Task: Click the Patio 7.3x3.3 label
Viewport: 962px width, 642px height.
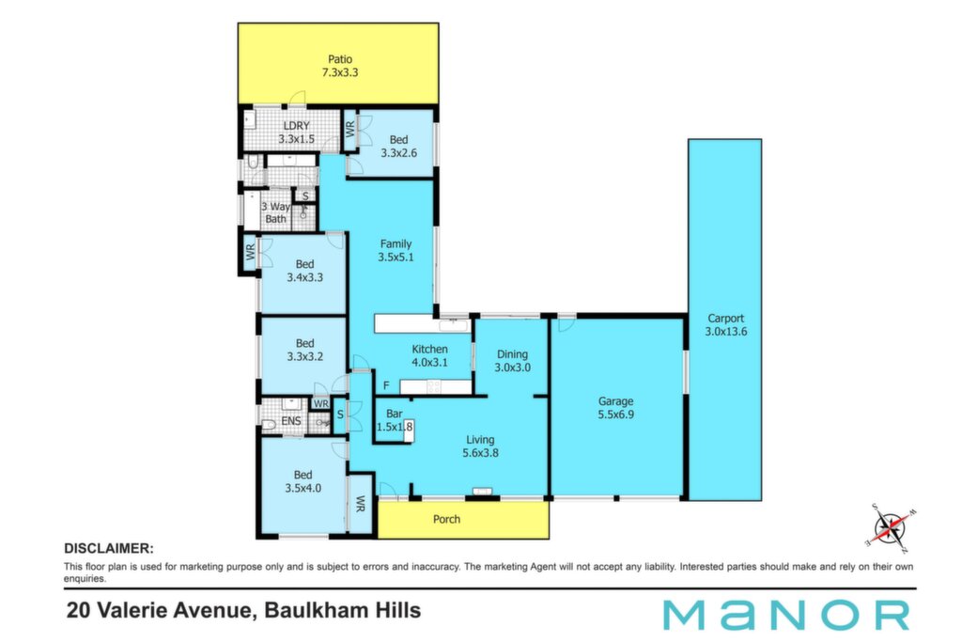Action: pyautogui.click(x=340, y=66)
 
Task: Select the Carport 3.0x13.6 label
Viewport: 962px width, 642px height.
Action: pyautogui.click(x=726, y=324)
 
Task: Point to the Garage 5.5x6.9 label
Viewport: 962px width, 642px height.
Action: pyautogui.click(x=616, y=408)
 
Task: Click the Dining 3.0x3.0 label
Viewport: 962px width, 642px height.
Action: pyautogui.click(x=512, y=361)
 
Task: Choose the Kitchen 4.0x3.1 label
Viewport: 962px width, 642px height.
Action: pyautogui.click(x=429, y=355)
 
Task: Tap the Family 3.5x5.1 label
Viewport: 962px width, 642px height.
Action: pyautogui.click(x=396, y=250)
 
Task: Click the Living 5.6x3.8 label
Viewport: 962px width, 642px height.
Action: pyautogui.click(x=480, y=446)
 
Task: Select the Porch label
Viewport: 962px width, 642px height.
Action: pyautogui.click(x=446, y=519)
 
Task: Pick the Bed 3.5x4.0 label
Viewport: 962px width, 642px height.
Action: pyautogui.click(x=303, y=481)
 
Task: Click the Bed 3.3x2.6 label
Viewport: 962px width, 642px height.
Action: pyautogui.click(x=398, y=146)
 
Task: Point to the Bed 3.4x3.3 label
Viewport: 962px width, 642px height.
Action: pyautogui.click(x=305, y=271)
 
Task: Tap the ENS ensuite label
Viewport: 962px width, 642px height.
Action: pyautogui.click(x=291, y=421)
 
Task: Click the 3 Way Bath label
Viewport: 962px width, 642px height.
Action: pyautogui.click(x=275, y=213)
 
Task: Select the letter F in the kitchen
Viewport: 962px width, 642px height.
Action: pyautogui.click(x=386, y=385)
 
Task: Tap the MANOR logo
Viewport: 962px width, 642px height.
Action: pyautogui.click(x=786, y=615)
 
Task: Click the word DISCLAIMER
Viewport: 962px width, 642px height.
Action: pyautogui.click(x=109, y=549)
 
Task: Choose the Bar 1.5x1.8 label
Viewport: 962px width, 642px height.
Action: pyautogui.click(x=395, y=420)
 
